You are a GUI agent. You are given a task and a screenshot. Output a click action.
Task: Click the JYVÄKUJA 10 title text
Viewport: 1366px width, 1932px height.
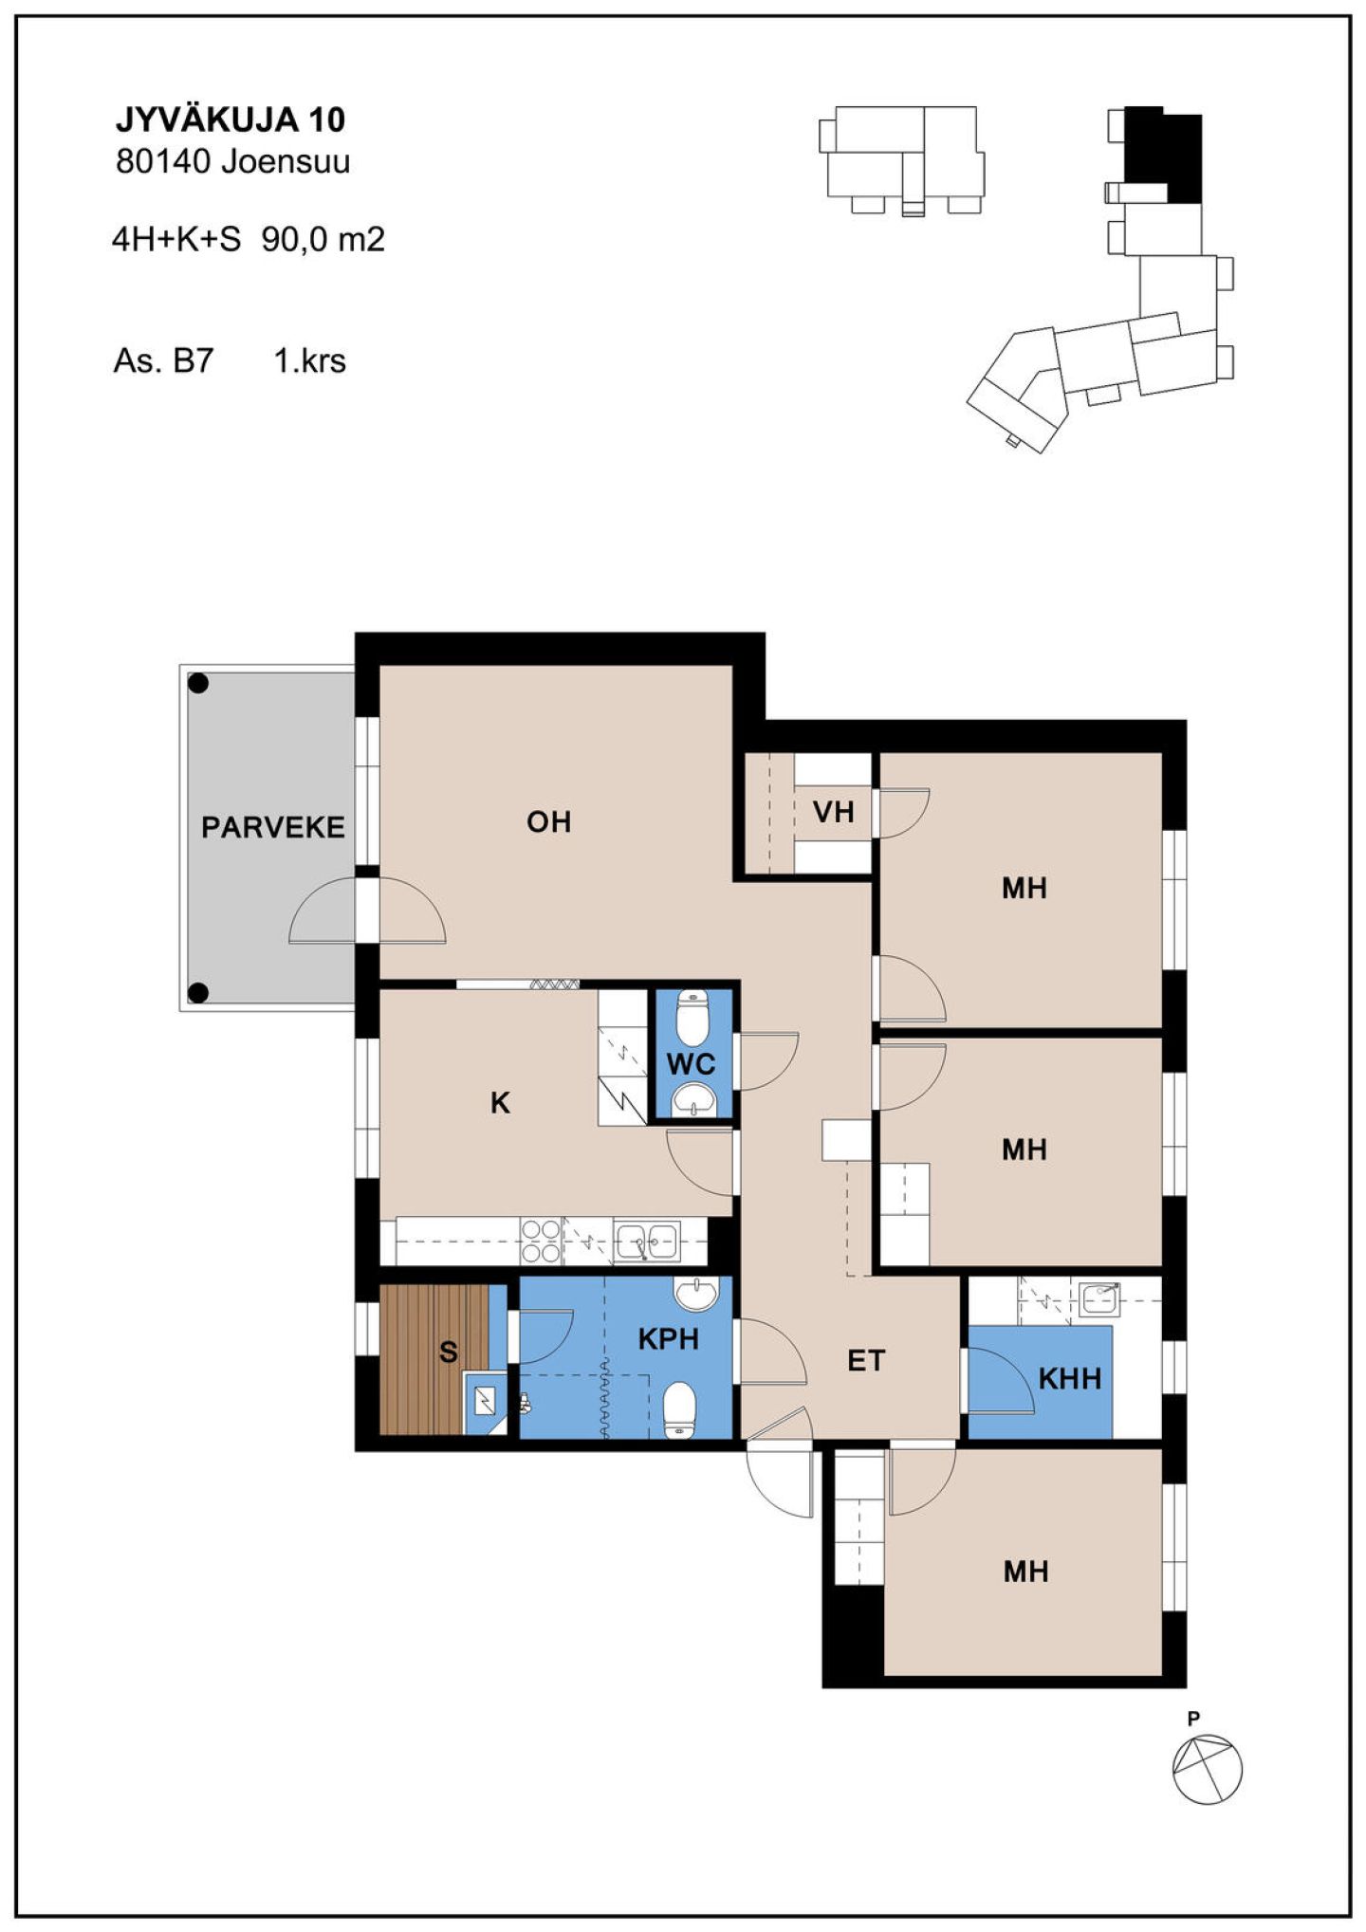tap(231, 120)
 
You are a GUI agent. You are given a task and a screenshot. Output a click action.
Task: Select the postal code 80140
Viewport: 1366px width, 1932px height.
tap(162, 162)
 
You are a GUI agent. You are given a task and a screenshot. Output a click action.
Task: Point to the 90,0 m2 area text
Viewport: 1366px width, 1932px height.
tap(323, 240)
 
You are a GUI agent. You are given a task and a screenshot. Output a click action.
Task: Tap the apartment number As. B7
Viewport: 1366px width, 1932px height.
tap(163, 361)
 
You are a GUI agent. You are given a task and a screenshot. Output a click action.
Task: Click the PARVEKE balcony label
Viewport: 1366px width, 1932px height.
tap(273, 827)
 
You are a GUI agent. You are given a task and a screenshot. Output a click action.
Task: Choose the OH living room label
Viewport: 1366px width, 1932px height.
tap(549, 821)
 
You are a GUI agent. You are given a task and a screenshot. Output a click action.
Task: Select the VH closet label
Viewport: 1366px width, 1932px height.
tap(834, 812)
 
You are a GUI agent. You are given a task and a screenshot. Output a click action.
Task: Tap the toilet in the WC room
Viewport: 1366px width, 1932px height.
tap(692, 1016)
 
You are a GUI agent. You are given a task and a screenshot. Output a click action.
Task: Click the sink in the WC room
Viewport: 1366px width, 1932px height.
tap(692, 1100)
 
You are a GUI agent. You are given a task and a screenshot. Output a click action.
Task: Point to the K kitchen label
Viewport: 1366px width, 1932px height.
tap(500, 1103)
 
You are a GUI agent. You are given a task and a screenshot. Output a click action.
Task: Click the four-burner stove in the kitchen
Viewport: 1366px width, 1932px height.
tap(541, 1242)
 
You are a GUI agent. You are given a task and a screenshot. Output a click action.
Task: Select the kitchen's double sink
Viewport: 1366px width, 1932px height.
tap(647, 1241)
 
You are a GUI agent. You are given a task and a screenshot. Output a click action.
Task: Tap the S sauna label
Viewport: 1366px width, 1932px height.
tap(449, 1352)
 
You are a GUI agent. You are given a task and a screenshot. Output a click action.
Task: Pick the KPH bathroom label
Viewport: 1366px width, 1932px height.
tap(668, 1339)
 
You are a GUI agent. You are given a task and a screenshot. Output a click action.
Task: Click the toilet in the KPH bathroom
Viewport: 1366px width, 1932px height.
tap(679, 1409)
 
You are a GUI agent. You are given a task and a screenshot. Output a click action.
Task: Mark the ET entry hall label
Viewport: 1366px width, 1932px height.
tap(866, 1361)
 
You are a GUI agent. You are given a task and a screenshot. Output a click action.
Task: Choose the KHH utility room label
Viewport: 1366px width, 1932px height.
tap(1070, 1378)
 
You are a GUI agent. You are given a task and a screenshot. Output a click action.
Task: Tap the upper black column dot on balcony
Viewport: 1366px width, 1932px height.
tap(198, 683)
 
